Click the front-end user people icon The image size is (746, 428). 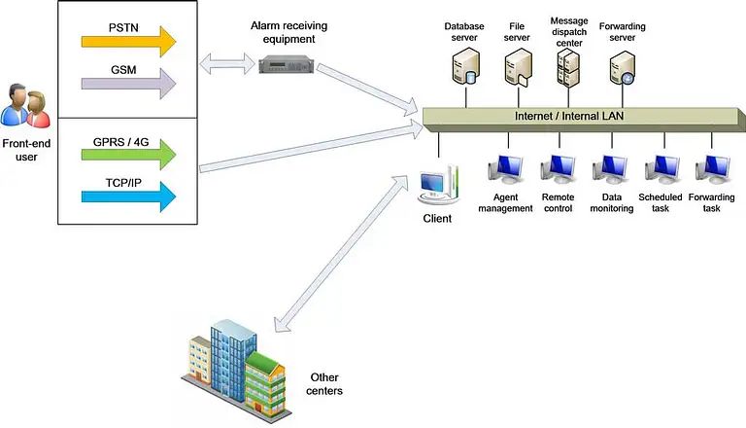[x=26, y=105]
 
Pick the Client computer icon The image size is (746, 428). [x=439, y=186]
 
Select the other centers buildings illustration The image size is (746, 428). [x=232, y=359]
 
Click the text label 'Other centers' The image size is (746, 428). [x=325, y=384]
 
